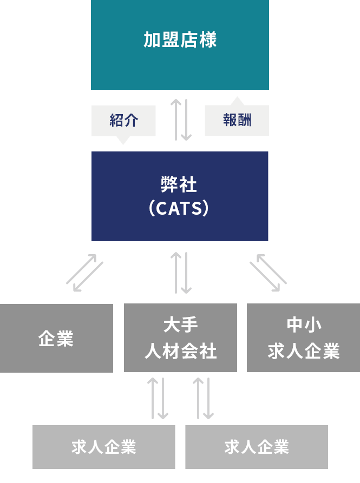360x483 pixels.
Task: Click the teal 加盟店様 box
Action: tap(180, 44)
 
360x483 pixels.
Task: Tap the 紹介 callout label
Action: tap(123, 120)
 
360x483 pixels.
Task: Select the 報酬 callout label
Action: tap(237, 120)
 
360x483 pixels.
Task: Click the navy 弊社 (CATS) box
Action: tap(180, 196)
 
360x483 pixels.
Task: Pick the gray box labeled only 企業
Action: tap(56, 338)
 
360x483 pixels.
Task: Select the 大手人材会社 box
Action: tap(180, 338)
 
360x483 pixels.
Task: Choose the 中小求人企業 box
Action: tap(303, 338)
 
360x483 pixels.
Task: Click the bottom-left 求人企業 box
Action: tap(104, 447)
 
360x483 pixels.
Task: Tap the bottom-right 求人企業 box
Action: tap(257, 447)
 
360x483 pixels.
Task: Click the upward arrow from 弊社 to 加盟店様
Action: tap(176, 120)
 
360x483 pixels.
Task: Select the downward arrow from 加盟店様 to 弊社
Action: tap(186, 120)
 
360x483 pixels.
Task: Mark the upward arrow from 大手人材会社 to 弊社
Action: tap(176, 273)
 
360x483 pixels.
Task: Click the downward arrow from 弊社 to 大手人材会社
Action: tap(186, 273)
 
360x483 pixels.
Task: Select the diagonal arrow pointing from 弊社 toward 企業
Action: tap(88, 277)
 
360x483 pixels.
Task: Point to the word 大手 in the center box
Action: tap(180, 325)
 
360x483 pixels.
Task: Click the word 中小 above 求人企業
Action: tap(304, 325)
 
